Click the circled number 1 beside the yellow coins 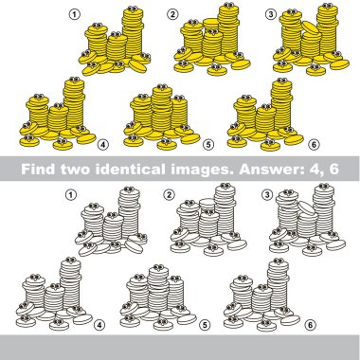75,14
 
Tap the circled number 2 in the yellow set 172,14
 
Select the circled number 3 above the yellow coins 271,14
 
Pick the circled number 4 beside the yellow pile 103,145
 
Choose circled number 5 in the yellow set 207,145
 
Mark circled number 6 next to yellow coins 314,145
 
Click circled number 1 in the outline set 71,195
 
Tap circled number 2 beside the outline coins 170,195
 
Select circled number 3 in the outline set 267,195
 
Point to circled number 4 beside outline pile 99,325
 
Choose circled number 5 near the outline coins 205,325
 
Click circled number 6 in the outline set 310,325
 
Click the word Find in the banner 39,169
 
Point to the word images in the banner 202,171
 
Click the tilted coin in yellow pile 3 311,27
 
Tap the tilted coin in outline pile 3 307,207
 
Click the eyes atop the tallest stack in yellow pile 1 133,9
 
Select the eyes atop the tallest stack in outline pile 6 279,261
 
